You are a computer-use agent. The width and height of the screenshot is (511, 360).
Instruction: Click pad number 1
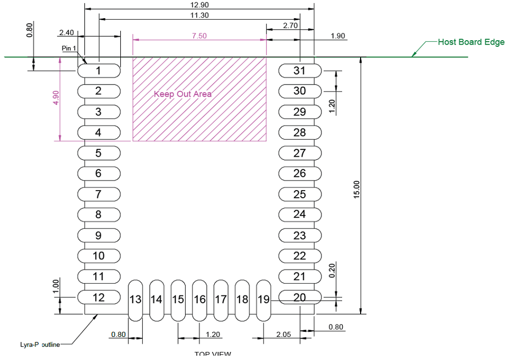point(99,70)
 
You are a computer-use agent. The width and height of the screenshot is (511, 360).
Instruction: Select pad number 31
point(300,70)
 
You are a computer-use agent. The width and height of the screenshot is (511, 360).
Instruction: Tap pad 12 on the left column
point(99,297)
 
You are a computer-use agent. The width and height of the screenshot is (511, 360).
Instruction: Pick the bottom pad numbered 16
point(200,300)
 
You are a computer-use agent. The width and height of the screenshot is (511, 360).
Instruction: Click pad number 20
point(300,297)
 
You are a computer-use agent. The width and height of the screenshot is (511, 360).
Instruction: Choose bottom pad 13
point(135,300)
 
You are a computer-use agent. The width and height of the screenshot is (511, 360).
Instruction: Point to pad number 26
point(300,173)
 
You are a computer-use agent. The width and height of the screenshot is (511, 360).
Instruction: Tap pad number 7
point(99,194)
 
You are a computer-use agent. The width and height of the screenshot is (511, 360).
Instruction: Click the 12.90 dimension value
point(200,5)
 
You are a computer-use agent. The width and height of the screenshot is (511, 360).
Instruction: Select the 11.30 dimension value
point(200,15)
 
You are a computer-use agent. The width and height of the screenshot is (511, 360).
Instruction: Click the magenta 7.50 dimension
point(199,36)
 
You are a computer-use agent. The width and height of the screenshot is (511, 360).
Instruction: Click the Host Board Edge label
point(471,42)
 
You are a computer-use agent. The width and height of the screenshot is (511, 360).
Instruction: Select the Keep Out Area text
point(183,94)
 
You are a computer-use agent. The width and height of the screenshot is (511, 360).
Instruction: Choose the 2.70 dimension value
point(291,25)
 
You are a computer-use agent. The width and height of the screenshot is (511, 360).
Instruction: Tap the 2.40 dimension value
point(66,32)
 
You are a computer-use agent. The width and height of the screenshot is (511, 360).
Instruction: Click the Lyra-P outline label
point(40,344)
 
